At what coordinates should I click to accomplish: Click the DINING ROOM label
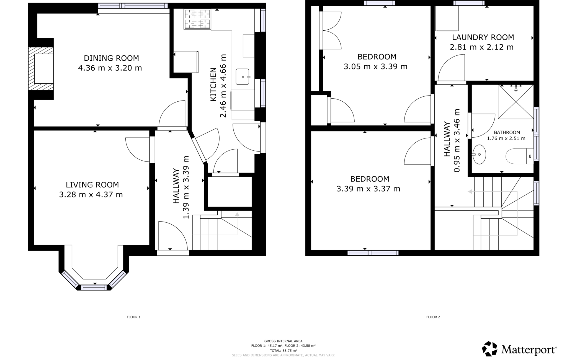point(111,58)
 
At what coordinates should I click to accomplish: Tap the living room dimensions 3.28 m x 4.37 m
point(91,195)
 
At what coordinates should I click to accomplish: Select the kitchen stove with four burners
point(197,19)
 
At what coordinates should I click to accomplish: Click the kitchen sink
point(243,77)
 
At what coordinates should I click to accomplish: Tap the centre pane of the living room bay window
point(94,288)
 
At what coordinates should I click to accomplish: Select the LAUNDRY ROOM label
point(483,37)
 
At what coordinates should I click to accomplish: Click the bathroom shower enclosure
point(516,102)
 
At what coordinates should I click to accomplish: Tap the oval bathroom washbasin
point(479,154)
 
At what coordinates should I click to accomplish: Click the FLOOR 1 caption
point(134,317)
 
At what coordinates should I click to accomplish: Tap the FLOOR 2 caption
point(433,317)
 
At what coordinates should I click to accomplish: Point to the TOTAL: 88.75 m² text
point(283,350)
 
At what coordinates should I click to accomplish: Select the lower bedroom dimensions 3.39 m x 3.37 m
point(368,189)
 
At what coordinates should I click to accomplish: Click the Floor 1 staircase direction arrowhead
point(237,214)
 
